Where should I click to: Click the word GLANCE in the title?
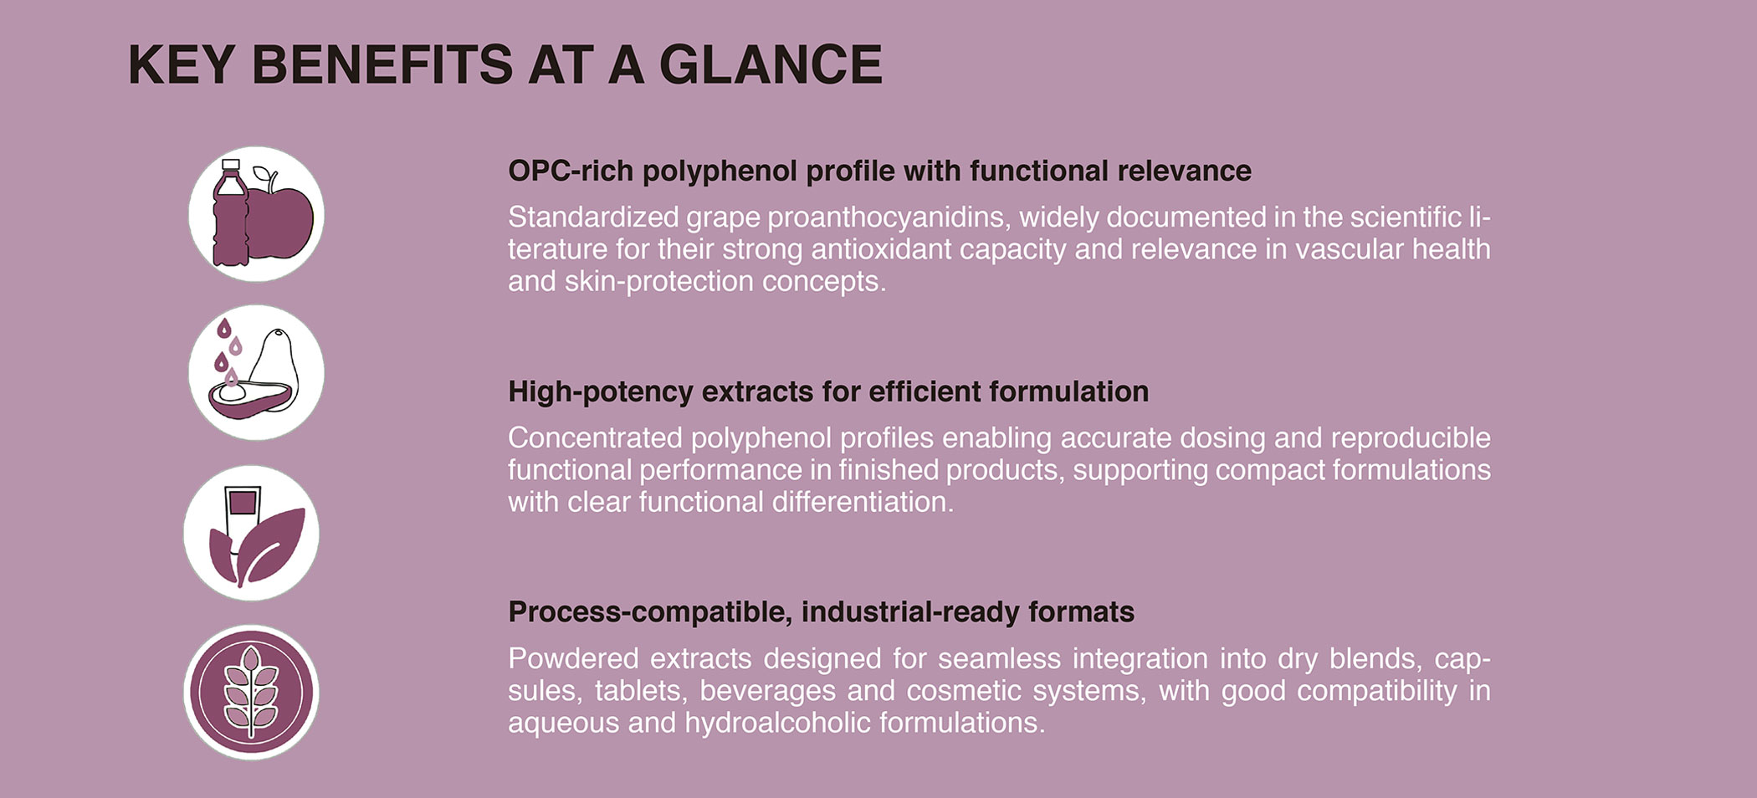(771, 64)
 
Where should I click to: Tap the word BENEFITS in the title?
(382, 64)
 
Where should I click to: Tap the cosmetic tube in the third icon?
(242, 514)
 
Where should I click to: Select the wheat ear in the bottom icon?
(251, 692)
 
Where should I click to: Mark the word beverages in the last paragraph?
(767, 692)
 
